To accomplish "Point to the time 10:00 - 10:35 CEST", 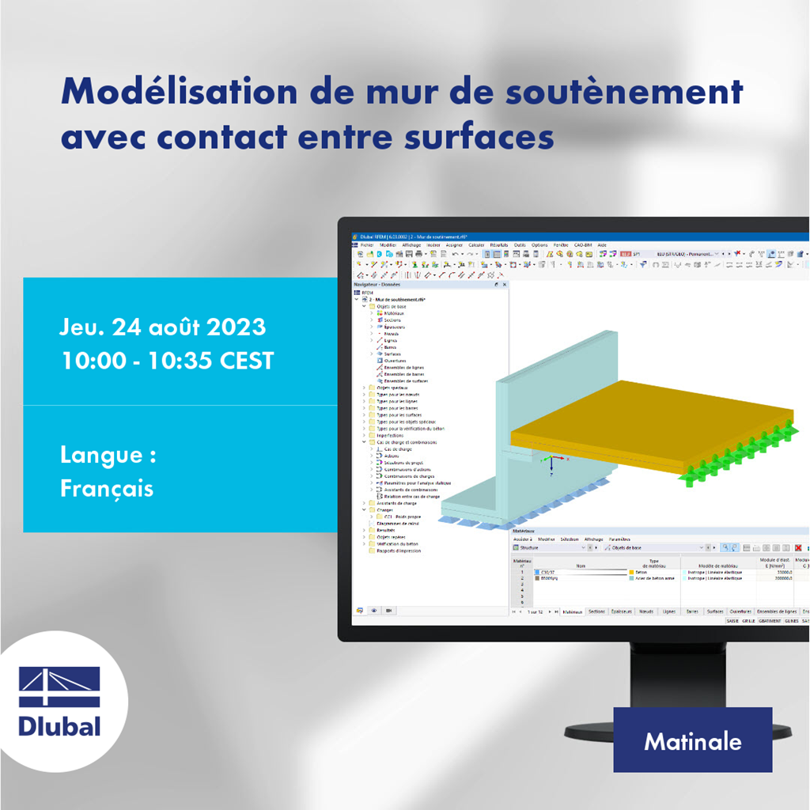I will [168, 361].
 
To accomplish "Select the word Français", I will [107, 488].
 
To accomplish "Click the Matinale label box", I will [692, 740].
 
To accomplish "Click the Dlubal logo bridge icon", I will [59, 687].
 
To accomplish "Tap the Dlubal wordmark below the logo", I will [59, 725].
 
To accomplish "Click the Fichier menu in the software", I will [367, 245].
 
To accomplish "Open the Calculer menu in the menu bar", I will [476, 245].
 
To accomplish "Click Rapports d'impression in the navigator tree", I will [399, 551].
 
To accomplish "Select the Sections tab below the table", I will [597, 611].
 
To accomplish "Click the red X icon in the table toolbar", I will [798, 547].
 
